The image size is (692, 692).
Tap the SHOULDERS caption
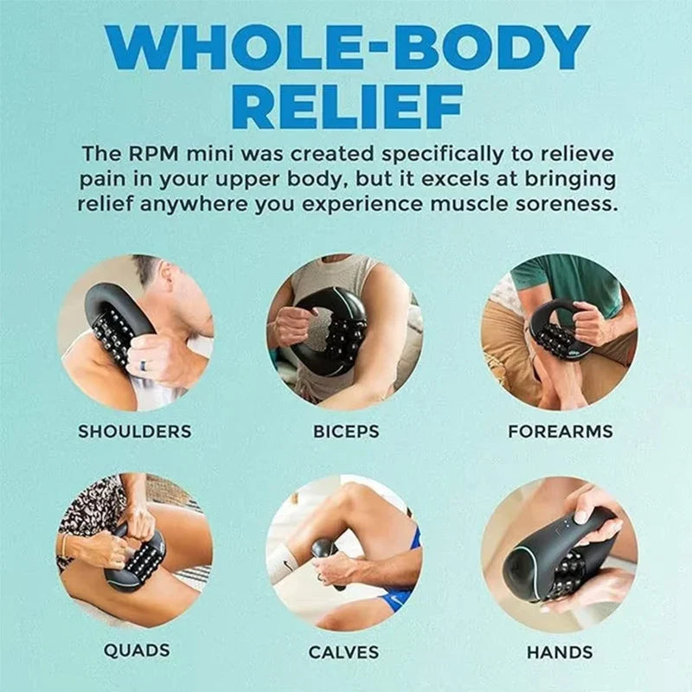(x=135, y=431)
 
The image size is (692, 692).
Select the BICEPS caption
(x=346, y=431)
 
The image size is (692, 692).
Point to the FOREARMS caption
(x=560, y=431)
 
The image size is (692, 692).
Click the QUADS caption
(x=137, y=650)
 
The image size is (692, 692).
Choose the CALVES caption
(x=343, y=652)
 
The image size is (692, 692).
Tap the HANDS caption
(x=560, y=652)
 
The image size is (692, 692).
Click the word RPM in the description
(x=155, y=154)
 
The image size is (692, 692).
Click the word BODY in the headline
(x=490, y=48)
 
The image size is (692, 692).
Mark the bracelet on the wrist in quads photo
(x=65, y=548)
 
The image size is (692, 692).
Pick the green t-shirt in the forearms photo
(x=569, y=283)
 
